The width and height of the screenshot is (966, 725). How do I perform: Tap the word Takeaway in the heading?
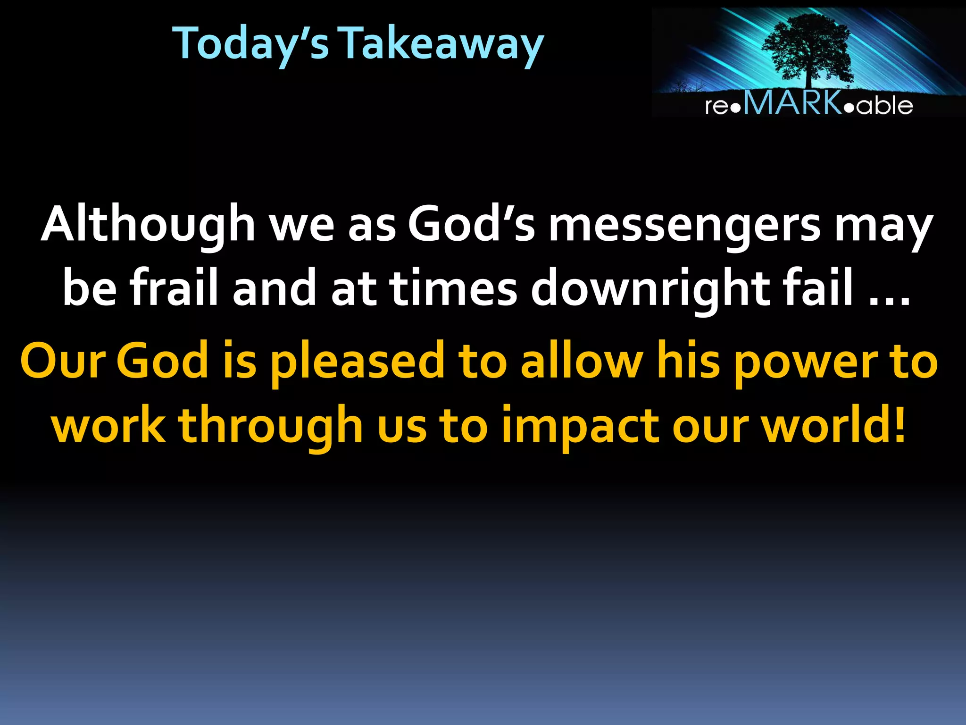coord(442,43)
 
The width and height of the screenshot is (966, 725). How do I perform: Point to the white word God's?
coord(471,224)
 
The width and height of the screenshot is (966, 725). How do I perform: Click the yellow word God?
coord(162,361)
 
